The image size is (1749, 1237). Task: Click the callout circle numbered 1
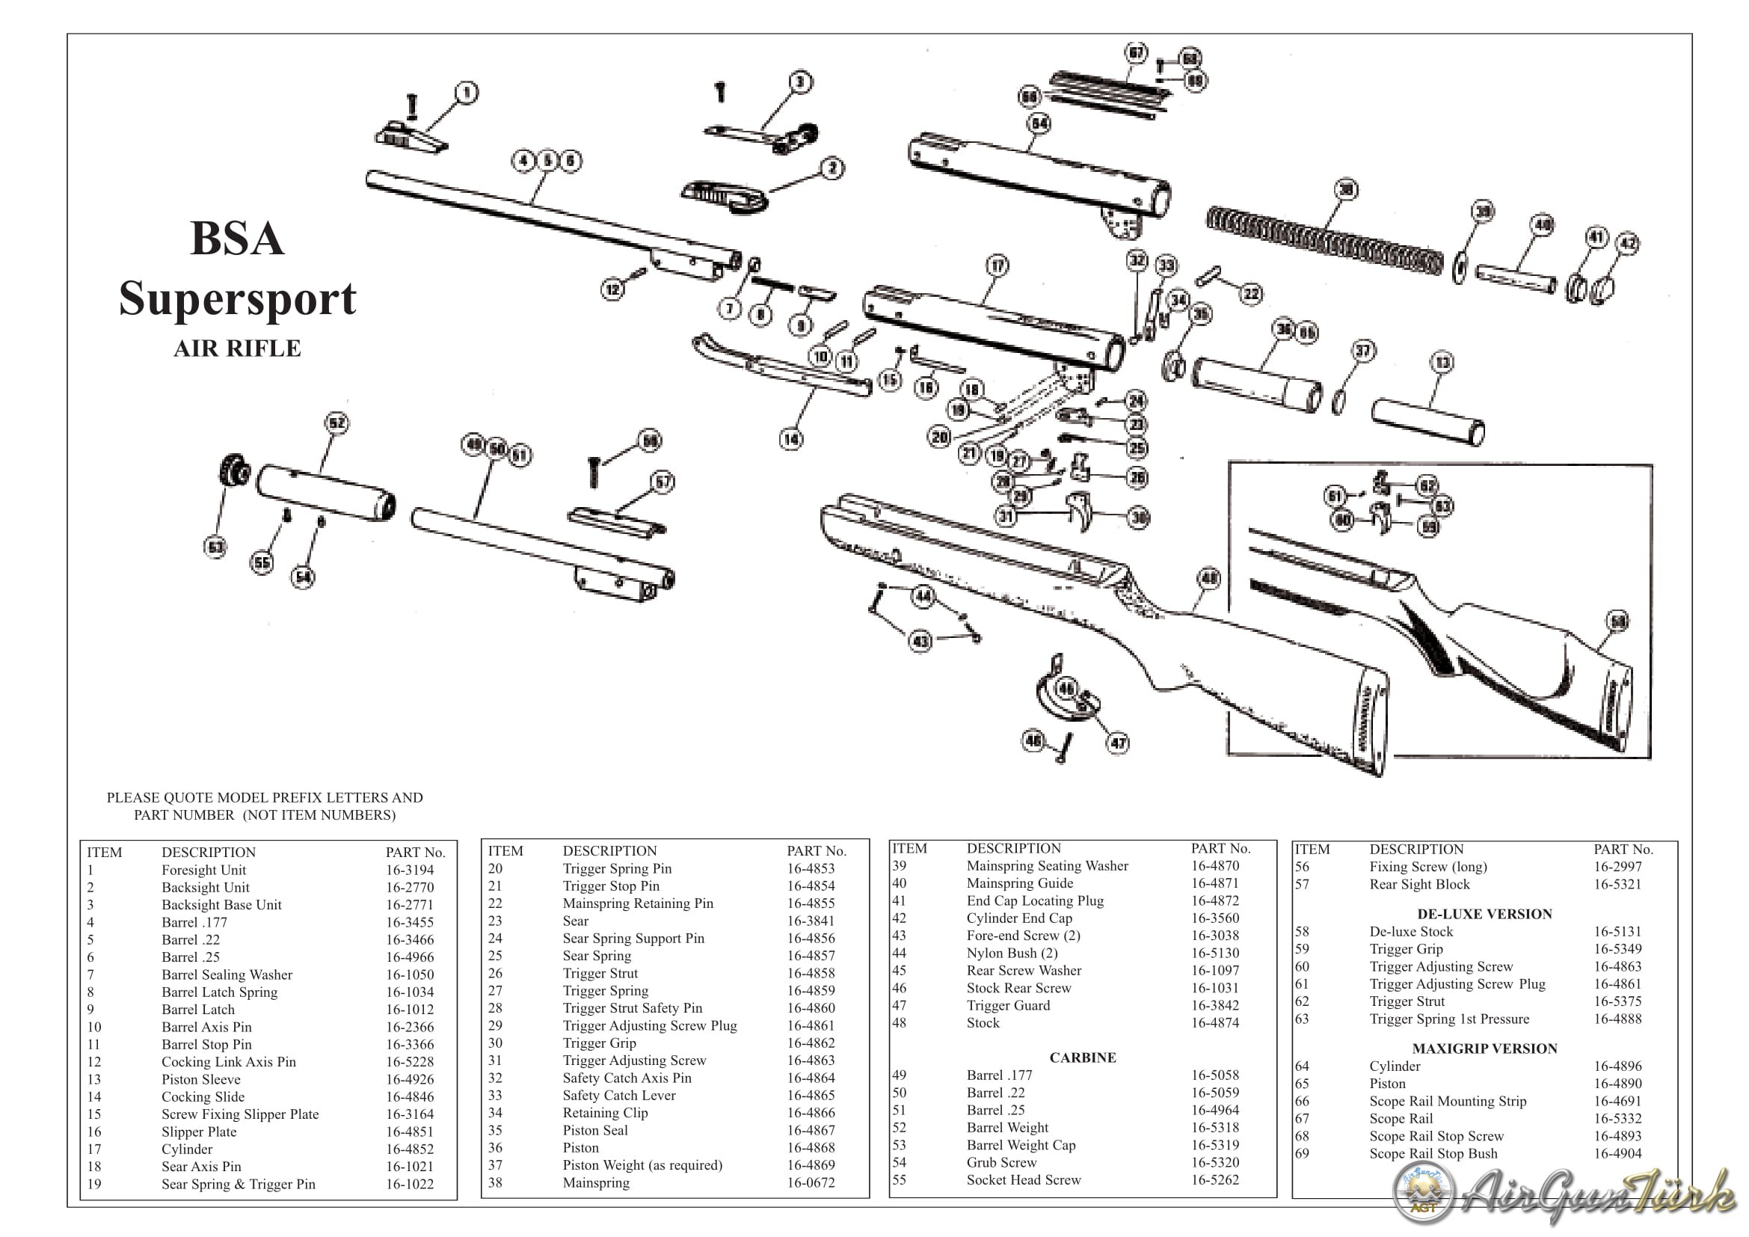tap(467, 93)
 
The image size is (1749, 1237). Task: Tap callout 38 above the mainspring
tap(1347, 190)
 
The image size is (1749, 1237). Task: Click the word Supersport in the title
tap(238, 298)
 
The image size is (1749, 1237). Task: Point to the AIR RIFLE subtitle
tap(238, 349)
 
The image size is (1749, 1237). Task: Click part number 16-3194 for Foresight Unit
tap(410, 870)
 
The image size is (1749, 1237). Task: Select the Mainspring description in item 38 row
tap(596, 1183)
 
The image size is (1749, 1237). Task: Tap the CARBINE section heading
tap(1083, 1058)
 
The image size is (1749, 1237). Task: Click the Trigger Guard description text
tap(1008, 1005)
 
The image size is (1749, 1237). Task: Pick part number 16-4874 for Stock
tap(1215, 1023)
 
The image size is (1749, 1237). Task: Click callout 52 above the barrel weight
tap(336, 423)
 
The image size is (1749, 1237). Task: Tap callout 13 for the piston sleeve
tap(1442, 362)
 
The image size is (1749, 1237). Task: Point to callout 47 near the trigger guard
tap(1118, 743)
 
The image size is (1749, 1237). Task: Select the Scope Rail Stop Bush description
tap(1433, 1153)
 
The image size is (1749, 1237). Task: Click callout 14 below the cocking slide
tap(791, 439)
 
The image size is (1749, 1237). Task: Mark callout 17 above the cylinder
tap(998, 265)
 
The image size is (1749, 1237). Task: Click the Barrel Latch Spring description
tap(219, 992)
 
